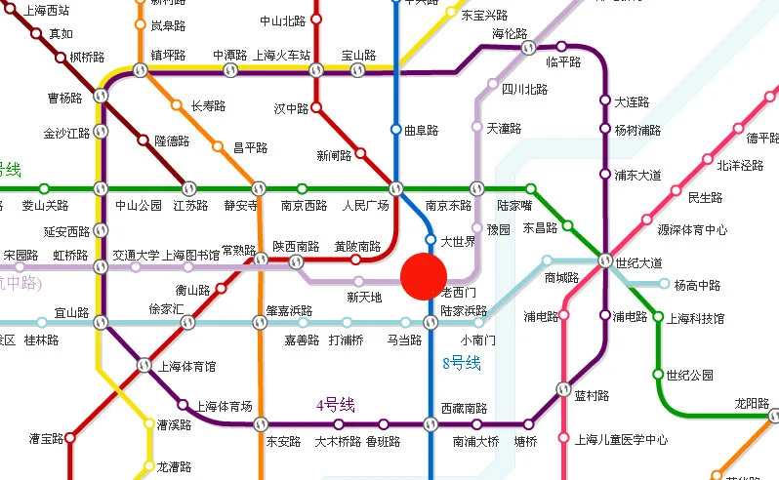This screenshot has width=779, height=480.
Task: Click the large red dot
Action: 424,275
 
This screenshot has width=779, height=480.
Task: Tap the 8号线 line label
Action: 462,364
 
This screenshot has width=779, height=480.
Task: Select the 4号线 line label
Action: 335,405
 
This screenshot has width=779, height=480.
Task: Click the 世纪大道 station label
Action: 638,262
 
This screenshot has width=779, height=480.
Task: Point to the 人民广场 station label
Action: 365,206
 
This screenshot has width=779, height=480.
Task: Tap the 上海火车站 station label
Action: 281,56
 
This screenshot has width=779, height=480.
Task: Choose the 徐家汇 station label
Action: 166,308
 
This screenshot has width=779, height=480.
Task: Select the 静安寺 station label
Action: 241,206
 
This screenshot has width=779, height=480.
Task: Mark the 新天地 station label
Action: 364,297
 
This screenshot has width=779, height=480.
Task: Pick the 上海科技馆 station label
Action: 696,319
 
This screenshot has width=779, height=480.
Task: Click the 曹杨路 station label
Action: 65,98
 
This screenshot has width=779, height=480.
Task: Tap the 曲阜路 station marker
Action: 395,129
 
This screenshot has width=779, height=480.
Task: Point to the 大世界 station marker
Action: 430,239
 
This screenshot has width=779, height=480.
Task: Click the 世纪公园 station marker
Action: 658,375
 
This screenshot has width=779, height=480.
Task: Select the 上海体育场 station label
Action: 224,406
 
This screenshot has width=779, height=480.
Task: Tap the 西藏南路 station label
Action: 463,408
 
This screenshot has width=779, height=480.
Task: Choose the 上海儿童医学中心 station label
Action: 622,439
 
